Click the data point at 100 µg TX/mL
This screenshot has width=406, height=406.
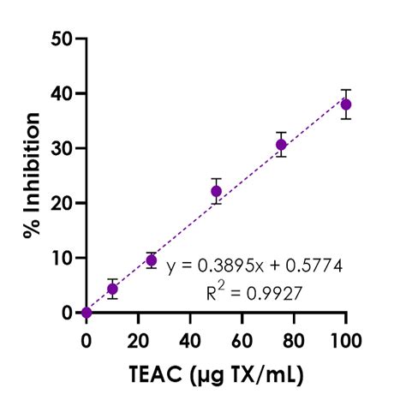346,104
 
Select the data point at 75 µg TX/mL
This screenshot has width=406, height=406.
281,145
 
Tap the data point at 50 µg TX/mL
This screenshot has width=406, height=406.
216,191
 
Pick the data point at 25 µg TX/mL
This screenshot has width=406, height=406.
152,260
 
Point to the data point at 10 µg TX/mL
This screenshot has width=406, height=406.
112,290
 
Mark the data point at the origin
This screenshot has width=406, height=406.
87,313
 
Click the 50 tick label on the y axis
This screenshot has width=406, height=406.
61,39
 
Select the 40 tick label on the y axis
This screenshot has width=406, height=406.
61,93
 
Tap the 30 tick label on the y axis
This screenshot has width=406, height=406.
61,148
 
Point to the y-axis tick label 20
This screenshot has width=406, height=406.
61,203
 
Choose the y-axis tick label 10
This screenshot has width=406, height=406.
61,258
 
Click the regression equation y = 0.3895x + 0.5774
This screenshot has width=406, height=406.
255,266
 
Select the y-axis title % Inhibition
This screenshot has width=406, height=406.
32,176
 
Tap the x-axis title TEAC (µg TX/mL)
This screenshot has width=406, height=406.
216,373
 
